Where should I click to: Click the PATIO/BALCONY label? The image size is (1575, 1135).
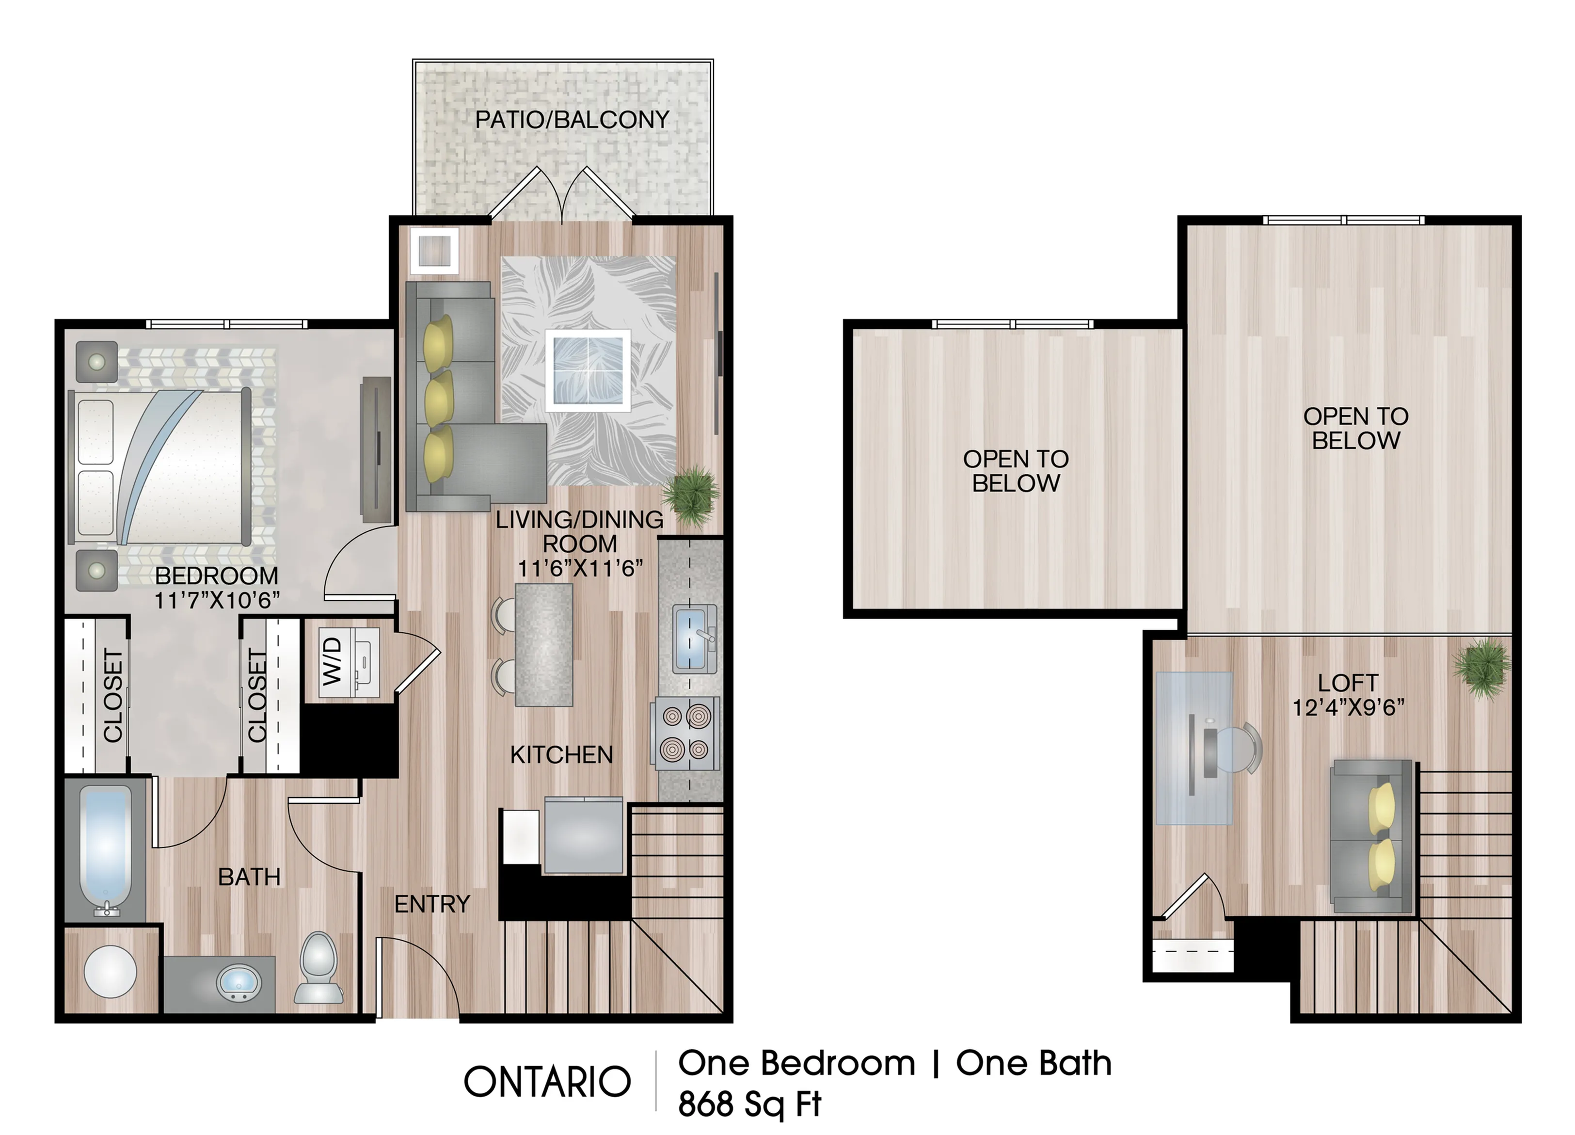(572, 119)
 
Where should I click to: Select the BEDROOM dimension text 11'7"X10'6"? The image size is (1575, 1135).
(217, 599)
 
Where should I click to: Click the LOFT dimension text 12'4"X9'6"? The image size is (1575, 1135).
(1348, 707)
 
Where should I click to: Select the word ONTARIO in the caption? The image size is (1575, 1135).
(547, 1082)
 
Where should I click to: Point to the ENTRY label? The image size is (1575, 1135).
(432, 904)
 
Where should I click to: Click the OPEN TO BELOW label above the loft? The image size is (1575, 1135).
(1355, 428)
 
